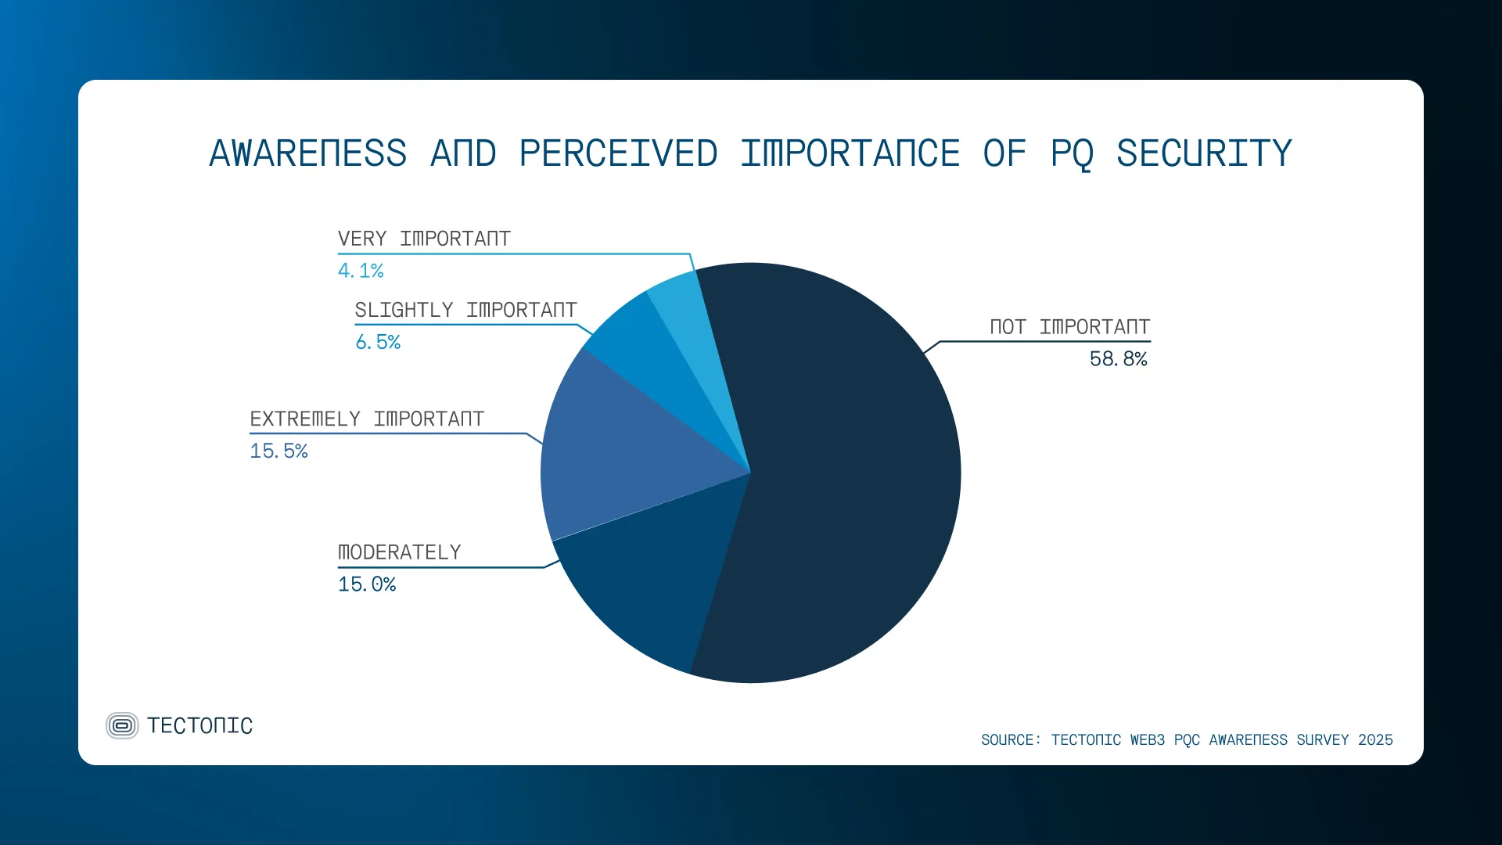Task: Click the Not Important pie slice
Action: (845, 485)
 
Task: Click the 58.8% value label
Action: (1118, 359)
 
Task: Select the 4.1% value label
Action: (361, 271)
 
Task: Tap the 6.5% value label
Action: (378, 342)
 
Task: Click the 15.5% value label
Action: (278, 451)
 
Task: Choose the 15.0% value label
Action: (367, 584)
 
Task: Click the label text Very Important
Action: (424, 239)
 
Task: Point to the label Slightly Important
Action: (465, 310)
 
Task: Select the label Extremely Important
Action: (367, 419)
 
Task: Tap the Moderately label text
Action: (399, 552)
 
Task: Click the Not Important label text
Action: (1069, 327)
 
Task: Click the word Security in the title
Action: (1204, 153)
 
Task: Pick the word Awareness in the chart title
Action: (308, 153)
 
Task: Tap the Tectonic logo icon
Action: (122, 725)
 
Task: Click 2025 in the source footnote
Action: (1375, 740)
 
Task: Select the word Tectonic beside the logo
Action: (199, 726)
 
